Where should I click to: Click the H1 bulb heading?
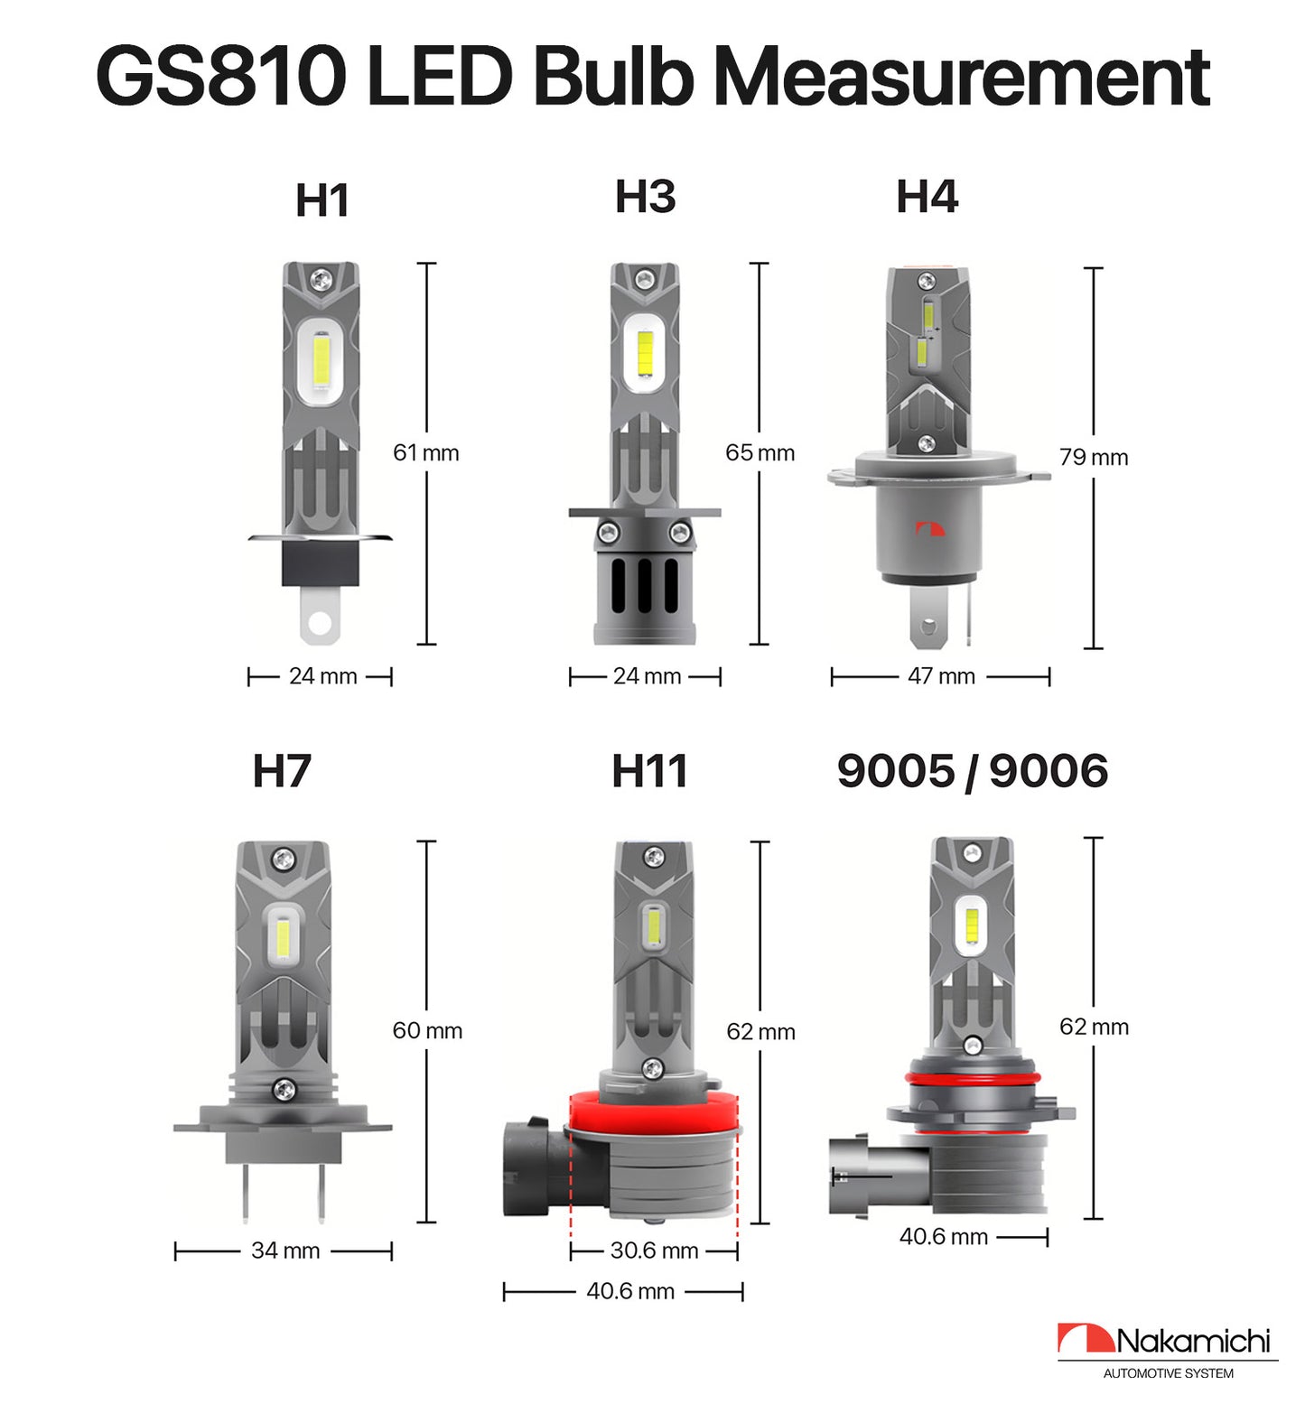point(322,200)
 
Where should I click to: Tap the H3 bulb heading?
point(645,197)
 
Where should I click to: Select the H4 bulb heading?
point(927,197)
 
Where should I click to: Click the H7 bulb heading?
point(282,771)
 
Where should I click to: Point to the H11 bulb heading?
point(649,771)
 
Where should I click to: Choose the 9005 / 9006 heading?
point(972,771)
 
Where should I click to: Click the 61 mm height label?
point(426,452)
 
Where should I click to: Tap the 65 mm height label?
point(760,452)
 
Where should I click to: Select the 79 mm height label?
point(1094,457)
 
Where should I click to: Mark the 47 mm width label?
point(941,676)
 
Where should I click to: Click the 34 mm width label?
point(285,1251)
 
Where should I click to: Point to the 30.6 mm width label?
point(654,1251)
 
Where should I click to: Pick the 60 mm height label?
point(427,1030)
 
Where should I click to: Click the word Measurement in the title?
point(962,77)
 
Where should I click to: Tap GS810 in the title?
point(220,77)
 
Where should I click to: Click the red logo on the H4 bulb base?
point(929,529)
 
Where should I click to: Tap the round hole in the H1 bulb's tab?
point(319,623)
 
